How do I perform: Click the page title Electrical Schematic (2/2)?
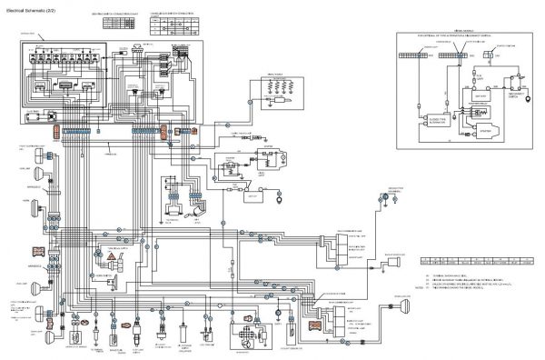37,9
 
